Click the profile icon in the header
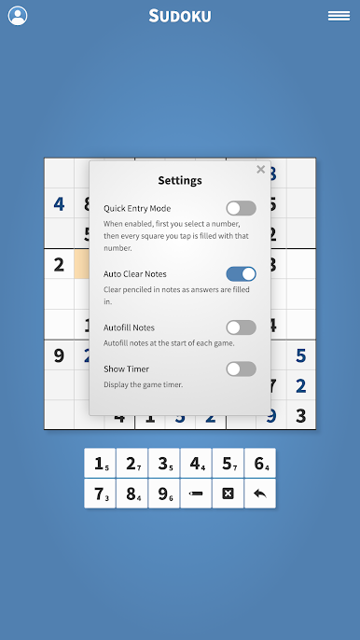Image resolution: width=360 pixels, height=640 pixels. (x=18, y=16)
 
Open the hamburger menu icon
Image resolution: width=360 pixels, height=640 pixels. (x=339, y=16)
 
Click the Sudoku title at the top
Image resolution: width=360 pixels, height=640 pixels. (x=180, y=16)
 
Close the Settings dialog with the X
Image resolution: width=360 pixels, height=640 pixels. (x=261, y=170)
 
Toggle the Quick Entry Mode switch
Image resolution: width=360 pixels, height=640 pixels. (x=242, y=208)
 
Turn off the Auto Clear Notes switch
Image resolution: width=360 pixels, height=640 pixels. (x=242, y=274)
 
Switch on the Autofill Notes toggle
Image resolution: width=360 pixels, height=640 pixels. (x=242, y=327)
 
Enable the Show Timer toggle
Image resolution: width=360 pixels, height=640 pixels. (x=242, y=369)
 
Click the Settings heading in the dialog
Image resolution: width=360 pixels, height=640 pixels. (x=180, y=180)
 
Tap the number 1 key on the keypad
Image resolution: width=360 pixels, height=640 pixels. (x=100, y=464)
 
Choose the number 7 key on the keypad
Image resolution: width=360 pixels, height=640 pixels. (x=100, y=494)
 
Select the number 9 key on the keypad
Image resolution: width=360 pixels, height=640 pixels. (x=164, y=494)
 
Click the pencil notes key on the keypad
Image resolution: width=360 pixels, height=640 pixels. (x=196, y=494)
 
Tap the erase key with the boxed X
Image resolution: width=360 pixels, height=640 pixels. (x=228, y=494)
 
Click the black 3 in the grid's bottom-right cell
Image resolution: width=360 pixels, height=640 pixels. (x=301, y=415)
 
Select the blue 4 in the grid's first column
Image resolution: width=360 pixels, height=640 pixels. (x=59, y=203)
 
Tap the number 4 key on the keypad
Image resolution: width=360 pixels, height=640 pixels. (x=196, y=464)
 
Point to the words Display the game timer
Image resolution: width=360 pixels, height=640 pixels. (x=143, y=384)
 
